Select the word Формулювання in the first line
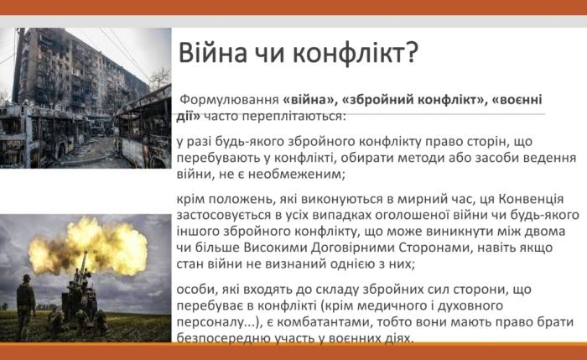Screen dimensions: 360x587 click(x=228, y=97)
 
